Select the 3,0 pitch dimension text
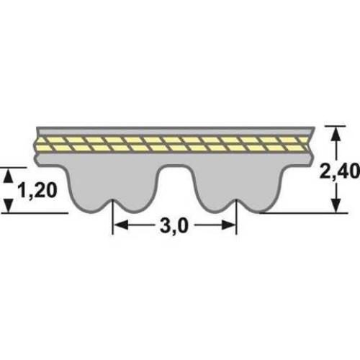click(174, 227)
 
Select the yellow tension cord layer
click(173, 143)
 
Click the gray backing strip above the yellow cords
click(173, 130)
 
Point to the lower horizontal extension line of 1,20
click(36, 213)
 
